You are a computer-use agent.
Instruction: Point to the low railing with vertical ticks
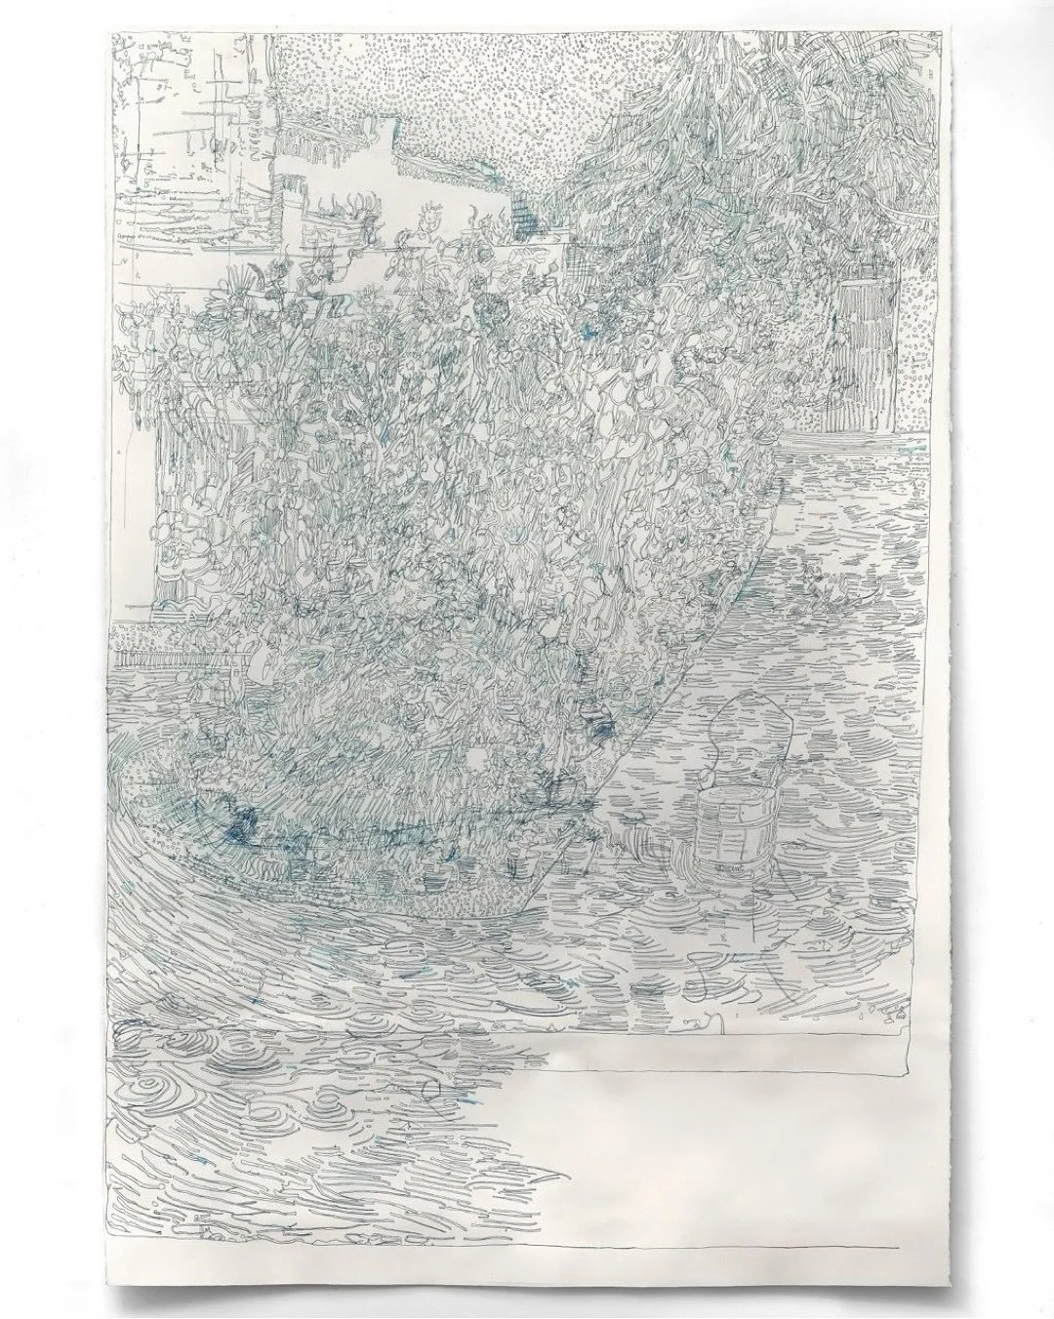tap(176, 644)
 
